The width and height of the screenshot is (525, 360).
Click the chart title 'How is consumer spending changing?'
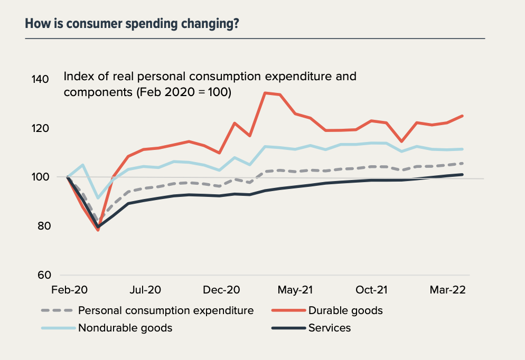132,24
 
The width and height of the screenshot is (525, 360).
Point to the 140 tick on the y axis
41,79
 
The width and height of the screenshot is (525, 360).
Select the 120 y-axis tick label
41,128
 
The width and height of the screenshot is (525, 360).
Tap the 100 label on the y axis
41,177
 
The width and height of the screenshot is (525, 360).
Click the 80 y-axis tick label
43,226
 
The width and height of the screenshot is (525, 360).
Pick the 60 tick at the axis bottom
43,274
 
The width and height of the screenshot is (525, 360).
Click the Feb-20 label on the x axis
69,290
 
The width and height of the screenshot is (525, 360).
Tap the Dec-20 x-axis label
222,290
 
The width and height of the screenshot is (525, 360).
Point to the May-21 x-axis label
296,290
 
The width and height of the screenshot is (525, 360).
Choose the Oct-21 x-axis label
371,290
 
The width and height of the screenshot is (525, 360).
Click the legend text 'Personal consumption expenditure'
166,310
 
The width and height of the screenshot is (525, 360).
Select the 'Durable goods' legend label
345,310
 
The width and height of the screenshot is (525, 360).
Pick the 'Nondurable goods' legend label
125,328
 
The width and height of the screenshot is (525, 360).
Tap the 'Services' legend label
330,328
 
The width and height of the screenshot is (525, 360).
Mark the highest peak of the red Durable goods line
265,93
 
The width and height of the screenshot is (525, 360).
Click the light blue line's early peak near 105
83,165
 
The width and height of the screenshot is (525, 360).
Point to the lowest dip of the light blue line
98,198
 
